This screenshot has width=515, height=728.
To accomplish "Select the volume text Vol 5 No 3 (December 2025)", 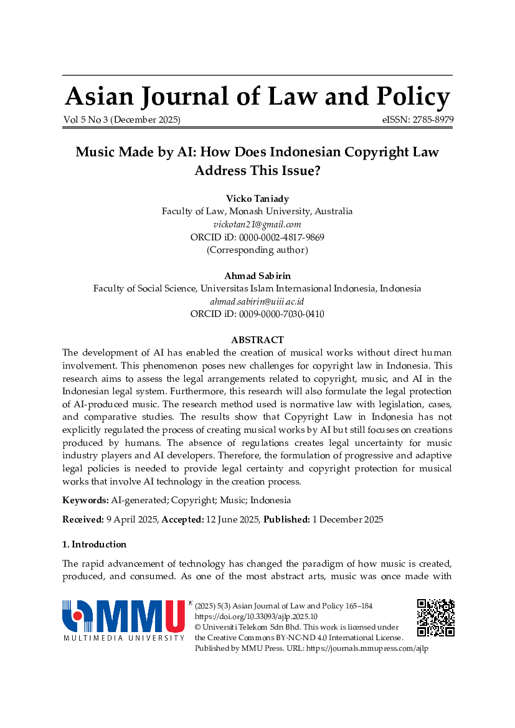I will point(121,120).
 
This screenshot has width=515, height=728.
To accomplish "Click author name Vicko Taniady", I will point(257,199).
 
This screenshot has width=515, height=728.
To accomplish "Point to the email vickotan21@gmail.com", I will point(257,224).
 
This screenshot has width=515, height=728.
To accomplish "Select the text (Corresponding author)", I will point(257,250).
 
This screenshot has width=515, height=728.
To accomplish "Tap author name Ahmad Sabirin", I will point(257,275).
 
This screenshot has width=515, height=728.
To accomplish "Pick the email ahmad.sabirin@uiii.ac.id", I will point(257,301).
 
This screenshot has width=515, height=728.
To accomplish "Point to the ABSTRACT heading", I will point(257,340).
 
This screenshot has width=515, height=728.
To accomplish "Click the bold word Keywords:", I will point(85,500).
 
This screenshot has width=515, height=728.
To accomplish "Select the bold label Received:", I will point(83,519).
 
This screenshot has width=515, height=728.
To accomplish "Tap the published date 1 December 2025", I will point(347,519).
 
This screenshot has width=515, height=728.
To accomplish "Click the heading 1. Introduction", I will point(94,544).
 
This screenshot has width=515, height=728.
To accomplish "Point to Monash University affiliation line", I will point(257,211).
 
